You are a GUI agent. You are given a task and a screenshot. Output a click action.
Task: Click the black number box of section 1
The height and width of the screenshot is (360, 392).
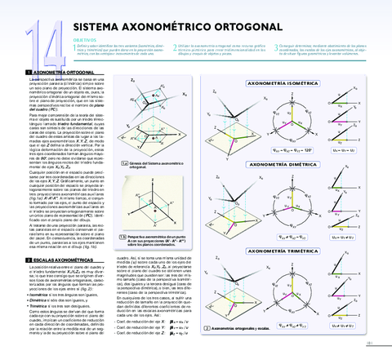click(18, 73)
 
